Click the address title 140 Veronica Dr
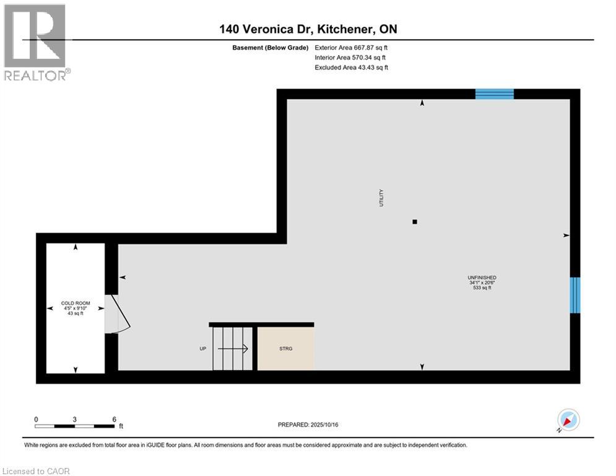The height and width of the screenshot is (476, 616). pyautogui.click(x=308, y=29)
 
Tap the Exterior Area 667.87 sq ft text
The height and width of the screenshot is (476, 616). pyautogui.click(x=351, y=47)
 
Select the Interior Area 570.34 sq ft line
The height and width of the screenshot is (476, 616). pyautogui.click(x=351, y=58)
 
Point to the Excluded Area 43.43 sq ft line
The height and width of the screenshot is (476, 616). pyautogui.click(x=351, y=68)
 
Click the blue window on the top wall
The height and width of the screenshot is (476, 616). pyautogui.click(x=494, y=94)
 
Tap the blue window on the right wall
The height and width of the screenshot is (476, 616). pyautogui.click(x=575, y=294)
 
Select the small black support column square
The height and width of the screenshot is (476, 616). pyautogui.click(x=415, y=221)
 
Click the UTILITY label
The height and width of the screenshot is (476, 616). pyautogui.click(x=382, y=198)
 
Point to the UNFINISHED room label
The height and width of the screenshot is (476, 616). pyautogui.click(x=482, y=278)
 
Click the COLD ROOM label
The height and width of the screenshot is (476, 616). pyautogui.click(x=76, y=304)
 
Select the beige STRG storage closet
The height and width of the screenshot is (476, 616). pyautogui.click(x=285, y=348)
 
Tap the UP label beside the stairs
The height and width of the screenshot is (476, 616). pyautogui.click(x=202, y=349)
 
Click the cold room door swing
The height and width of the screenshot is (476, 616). pyautogui.click(x=119, y=315)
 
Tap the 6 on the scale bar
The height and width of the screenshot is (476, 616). pyautogui.click(x=114, y=419)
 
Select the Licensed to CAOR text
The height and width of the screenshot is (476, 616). pyautogui.click(x=37, y=471)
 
